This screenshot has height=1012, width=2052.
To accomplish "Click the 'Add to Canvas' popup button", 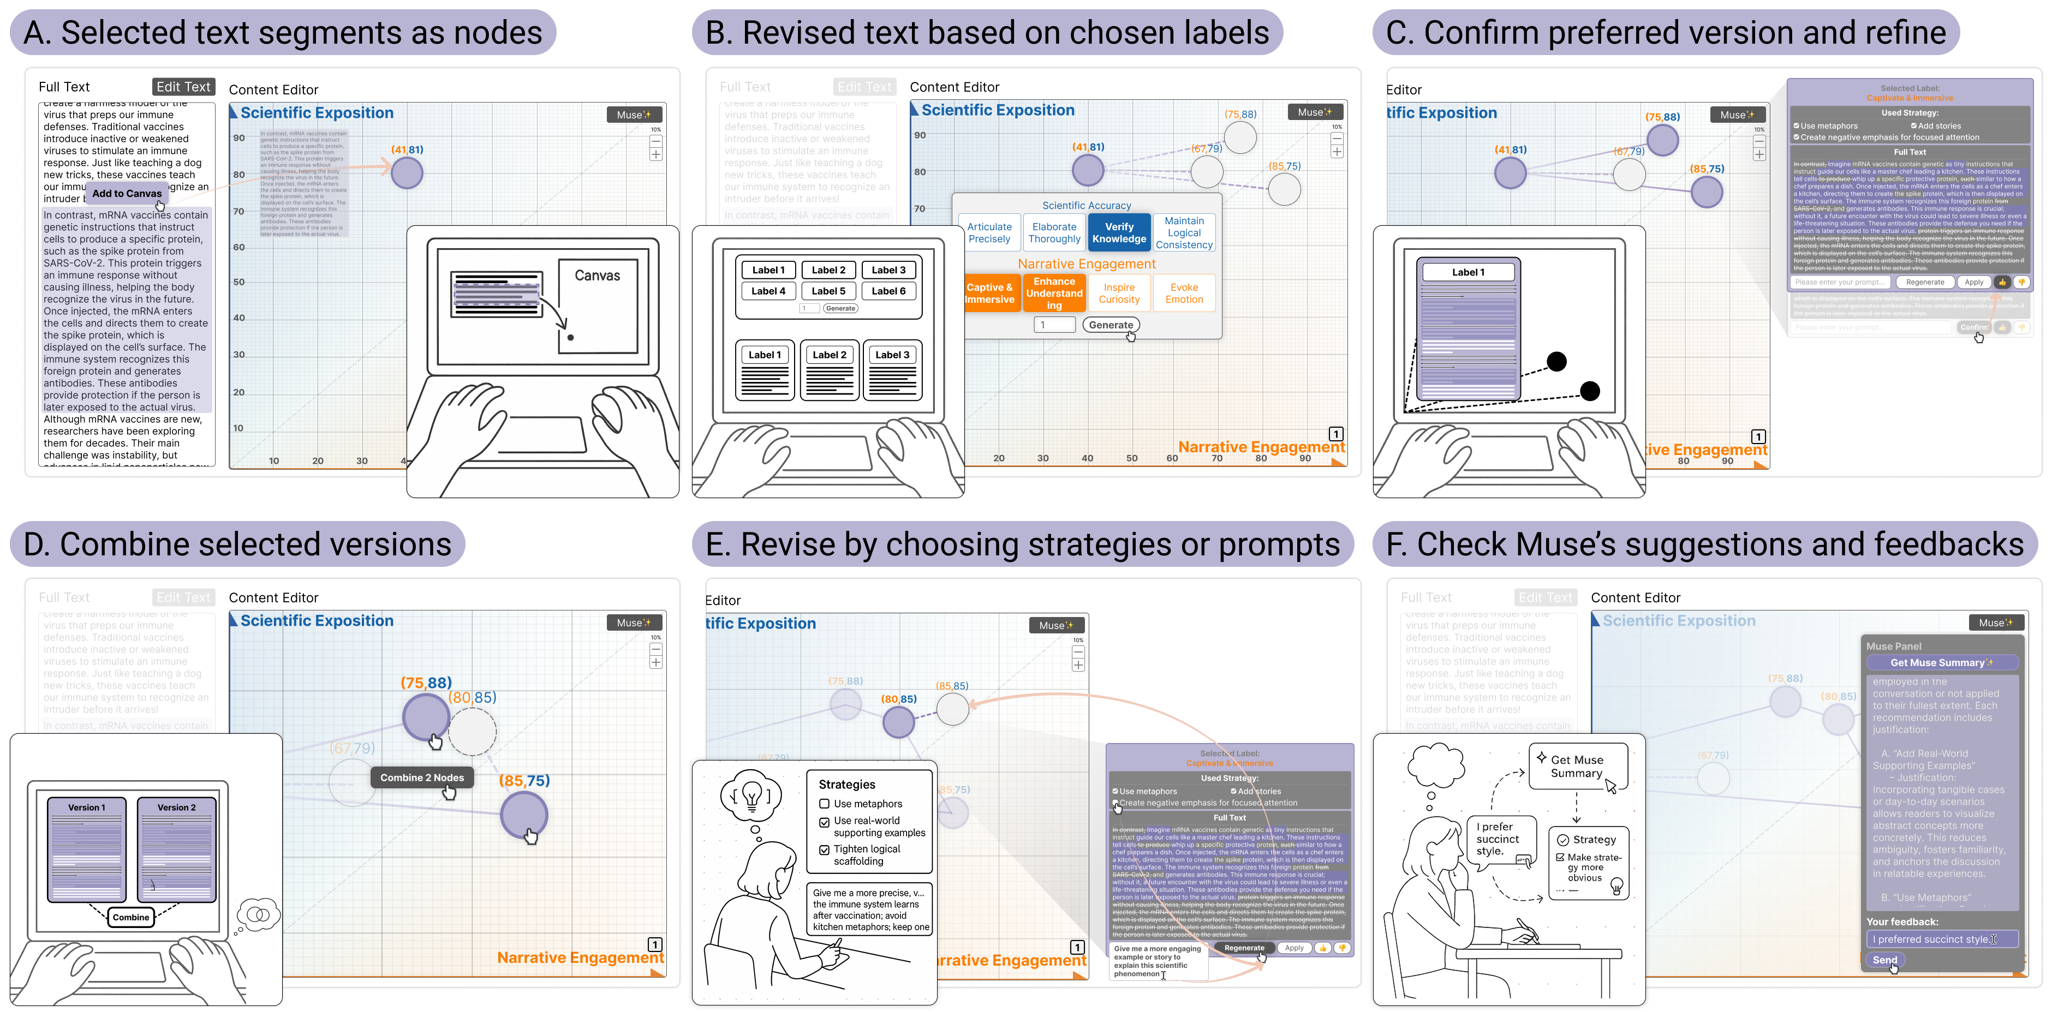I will point(127,194).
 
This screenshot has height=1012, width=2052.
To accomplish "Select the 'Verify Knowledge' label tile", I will point(1118,232).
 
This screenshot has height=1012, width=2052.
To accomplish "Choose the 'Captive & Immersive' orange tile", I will point(989,293).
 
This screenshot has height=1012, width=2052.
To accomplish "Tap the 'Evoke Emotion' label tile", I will point(1184,293).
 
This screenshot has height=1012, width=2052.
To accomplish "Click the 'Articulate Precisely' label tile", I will point(989,232).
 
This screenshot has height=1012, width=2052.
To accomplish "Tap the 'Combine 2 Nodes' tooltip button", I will point(421,777).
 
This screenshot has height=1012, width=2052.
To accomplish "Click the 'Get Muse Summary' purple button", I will point(1941,662).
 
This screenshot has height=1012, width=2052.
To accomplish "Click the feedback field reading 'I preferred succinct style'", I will point(1941,939).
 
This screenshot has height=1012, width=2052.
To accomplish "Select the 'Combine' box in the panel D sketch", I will point(130,917).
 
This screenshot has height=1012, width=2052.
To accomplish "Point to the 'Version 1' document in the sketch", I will point(86,849).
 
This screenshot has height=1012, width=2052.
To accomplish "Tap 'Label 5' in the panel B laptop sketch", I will point(828,291).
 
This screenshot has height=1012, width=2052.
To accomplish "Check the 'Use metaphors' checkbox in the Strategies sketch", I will point(825,804).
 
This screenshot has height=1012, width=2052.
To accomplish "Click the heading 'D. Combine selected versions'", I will point(237,544).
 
